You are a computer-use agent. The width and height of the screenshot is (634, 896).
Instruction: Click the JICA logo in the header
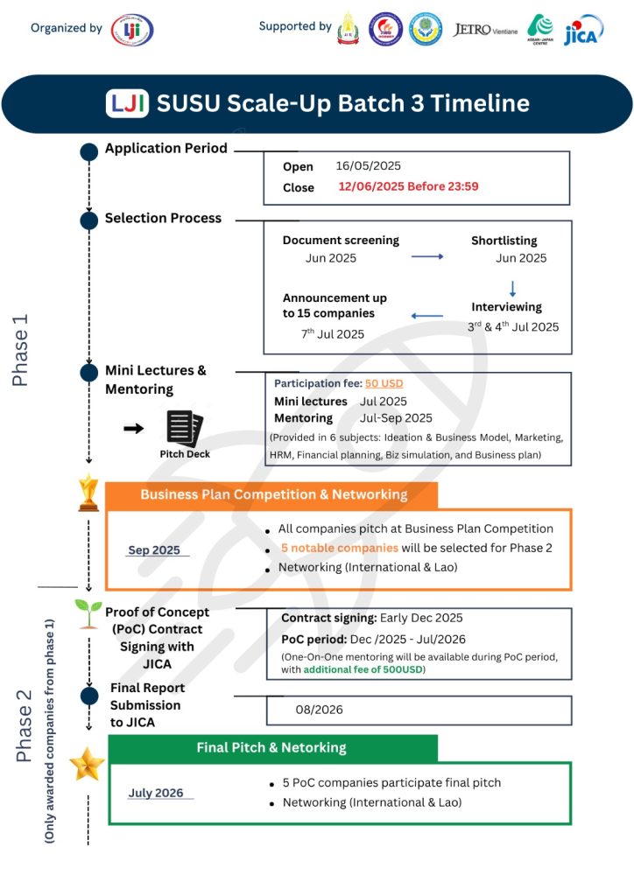pos(583,31)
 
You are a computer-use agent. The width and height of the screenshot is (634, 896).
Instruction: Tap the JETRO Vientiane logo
pos(485,30)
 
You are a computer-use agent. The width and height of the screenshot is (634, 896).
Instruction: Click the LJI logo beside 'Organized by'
pos(132,30)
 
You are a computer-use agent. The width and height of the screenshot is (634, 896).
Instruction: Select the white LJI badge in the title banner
pos(127,103)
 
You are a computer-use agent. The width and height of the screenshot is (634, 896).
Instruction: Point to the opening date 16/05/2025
pos(368,165)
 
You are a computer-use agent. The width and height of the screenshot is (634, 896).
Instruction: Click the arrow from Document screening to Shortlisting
pos(427,256)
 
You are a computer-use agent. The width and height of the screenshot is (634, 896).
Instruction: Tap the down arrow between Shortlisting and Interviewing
pos(512,289)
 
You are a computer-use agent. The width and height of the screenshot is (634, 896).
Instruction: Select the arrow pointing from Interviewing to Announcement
pos(427,315)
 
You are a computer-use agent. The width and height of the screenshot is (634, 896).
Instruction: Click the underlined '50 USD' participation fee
pos(384,383)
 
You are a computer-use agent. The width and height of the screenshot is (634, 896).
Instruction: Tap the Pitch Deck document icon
pos(185,428)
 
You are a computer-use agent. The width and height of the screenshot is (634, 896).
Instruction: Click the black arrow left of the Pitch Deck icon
pos(134,428)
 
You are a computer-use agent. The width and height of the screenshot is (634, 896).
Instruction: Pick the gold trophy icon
pos(88,493)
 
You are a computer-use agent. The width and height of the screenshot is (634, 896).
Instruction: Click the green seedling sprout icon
pos(88,613)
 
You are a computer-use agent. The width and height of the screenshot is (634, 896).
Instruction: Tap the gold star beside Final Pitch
pos(87,764)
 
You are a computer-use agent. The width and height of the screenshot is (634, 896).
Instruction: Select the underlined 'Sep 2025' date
pos(154,550)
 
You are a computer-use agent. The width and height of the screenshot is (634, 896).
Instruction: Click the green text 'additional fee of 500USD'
pos(363,669)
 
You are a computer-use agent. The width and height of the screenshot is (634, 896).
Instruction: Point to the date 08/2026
pos(319,710)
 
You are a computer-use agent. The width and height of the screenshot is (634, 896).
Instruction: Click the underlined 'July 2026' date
pos(156,793)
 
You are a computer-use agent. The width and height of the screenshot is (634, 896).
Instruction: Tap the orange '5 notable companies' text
pos(340,548)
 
